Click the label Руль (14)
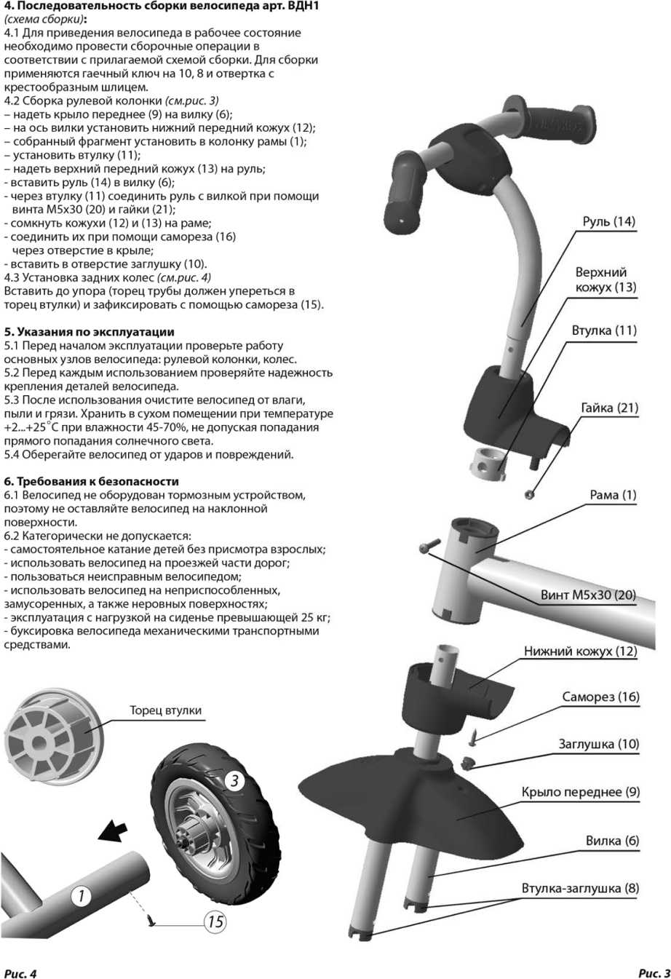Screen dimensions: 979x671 pos(608,221)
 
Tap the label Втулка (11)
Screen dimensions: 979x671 pos(603,330)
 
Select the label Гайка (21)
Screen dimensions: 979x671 pos(609,408)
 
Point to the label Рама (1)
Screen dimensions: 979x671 pos(613,495)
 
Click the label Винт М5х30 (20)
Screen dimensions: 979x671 pos(588,595)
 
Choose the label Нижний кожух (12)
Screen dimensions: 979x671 pos(580,651)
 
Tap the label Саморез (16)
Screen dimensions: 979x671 pos(600,697)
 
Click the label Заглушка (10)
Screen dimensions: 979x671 pos(598,744)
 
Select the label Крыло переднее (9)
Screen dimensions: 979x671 pos(580,792)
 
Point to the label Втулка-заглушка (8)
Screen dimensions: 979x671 pos(580,888)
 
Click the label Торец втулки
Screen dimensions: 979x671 pos(165,710)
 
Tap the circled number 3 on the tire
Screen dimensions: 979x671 pos(234,781)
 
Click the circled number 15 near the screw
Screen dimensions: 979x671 pos(215,922)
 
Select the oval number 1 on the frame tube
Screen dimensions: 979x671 pos(81,895)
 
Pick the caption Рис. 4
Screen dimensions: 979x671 pos(20,973)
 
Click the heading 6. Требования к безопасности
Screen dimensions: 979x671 pos(92,481)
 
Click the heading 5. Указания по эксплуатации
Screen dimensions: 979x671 pos(89,332)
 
